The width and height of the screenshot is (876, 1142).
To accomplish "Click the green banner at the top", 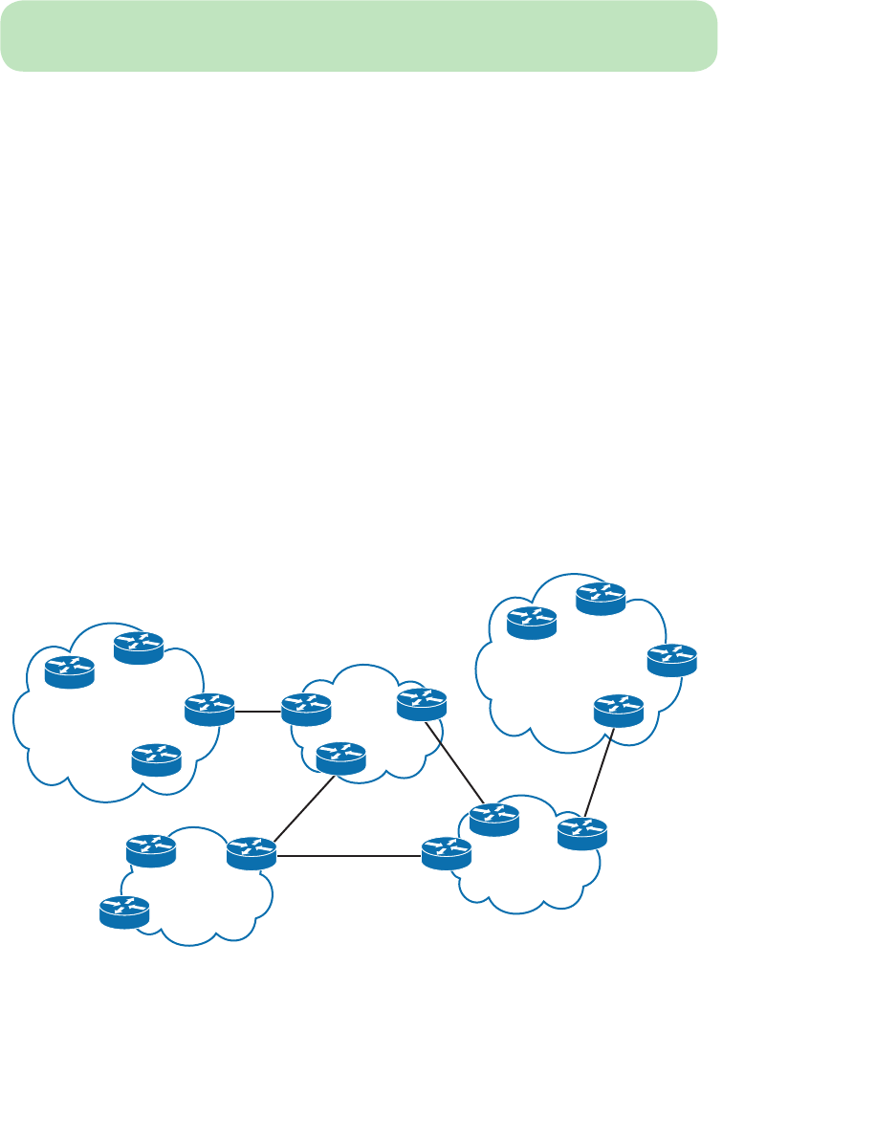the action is pos(359,35).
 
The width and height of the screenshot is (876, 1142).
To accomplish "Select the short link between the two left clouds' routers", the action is pos(258,711).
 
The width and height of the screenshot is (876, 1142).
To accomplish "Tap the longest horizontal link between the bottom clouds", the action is pos(349,855).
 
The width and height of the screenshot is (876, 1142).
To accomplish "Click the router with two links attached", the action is pos(252,853).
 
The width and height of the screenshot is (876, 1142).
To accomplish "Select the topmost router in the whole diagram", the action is pos(601,598).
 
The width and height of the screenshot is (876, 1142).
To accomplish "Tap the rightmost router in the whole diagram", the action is pos(672,660).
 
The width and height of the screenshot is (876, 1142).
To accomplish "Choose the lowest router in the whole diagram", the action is pos(124,912).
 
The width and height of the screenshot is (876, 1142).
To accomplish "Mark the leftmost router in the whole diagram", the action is pos(70,672).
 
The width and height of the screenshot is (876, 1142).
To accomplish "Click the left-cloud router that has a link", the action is pos(209,709).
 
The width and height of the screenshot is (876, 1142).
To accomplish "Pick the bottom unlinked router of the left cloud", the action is pos(157,759).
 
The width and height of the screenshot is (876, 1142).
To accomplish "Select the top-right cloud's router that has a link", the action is pos(619,710).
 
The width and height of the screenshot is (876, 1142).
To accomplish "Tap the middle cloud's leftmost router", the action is pos(306,709).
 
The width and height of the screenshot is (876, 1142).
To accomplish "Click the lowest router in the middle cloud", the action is pos(340,758).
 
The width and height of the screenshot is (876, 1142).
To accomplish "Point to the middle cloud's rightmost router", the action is pos(422,704).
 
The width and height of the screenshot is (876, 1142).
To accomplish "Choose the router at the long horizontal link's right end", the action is pos(447,852).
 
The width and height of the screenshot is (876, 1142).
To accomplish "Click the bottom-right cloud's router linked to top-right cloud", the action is pos(582,833).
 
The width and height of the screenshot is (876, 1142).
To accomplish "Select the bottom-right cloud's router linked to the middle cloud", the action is pos(494,819).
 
